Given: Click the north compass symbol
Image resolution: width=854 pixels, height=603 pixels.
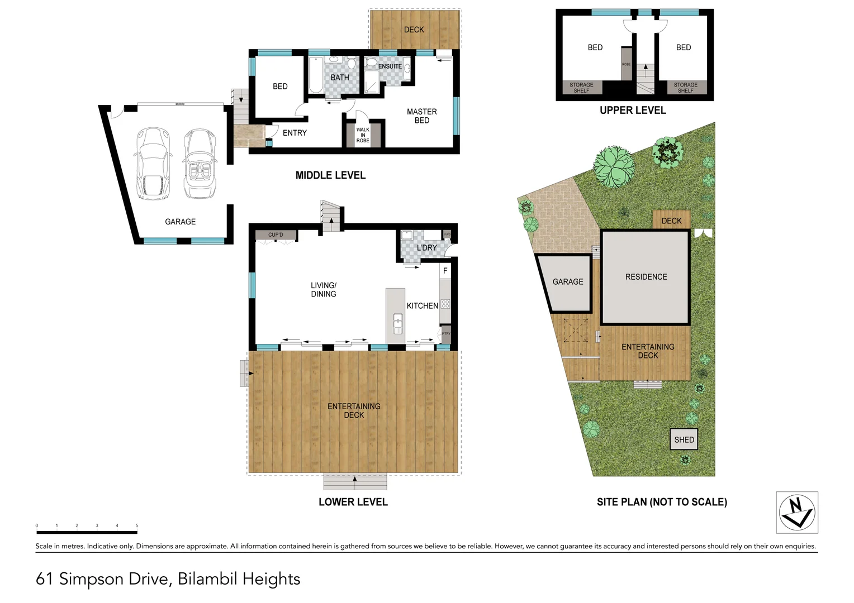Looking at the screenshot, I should click(x=797, y=512).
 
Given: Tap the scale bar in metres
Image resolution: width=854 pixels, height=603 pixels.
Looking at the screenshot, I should click(x=87, y=532).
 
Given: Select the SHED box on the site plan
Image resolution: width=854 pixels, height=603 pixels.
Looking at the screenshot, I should click(x=684, y=439).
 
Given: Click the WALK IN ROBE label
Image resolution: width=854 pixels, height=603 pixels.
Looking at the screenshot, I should click(x=363, y=135).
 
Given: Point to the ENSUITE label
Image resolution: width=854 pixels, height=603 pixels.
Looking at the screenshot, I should click(x=390, y=66).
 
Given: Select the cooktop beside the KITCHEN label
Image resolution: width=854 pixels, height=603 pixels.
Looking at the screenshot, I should click(x=445, y=304).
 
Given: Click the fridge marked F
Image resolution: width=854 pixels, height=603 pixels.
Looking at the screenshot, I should click(x=445, y=271).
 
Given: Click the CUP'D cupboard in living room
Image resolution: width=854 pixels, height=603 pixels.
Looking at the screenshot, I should click(x=276, y=235).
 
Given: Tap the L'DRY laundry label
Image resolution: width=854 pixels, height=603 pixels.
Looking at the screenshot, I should click(x=426, y=247).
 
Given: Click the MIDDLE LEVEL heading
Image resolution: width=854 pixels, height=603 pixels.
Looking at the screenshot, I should click(x=330, y=175).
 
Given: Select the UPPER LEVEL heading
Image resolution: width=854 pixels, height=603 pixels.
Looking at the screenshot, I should click(x=633, y=111).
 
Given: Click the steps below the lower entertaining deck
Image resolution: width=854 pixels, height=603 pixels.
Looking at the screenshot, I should click(x=355, y=481).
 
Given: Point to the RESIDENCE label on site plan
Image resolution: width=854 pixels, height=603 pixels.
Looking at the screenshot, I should click(x=646, y=277).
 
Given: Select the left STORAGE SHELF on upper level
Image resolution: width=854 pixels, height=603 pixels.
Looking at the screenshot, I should click(x=581, y=88).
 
